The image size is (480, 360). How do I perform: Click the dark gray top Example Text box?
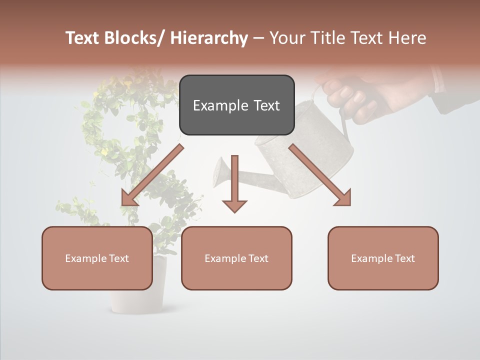click(x=236, y=105)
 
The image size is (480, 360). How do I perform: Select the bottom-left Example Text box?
click(x=97, y=258)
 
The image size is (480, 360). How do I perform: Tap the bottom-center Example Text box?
click(x=236, y=258)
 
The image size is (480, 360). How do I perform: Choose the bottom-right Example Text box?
click(x=383, y=258)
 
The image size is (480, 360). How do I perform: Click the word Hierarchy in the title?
click(x=209, y=38)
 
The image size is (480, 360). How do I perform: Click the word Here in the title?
click(x=408, y=38)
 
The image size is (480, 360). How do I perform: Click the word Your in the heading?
click(x=287, y=38)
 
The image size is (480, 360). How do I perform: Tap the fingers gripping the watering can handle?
click(x=350, y=97)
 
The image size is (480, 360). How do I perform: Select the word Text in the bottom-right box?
click(x=405, y=258)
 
